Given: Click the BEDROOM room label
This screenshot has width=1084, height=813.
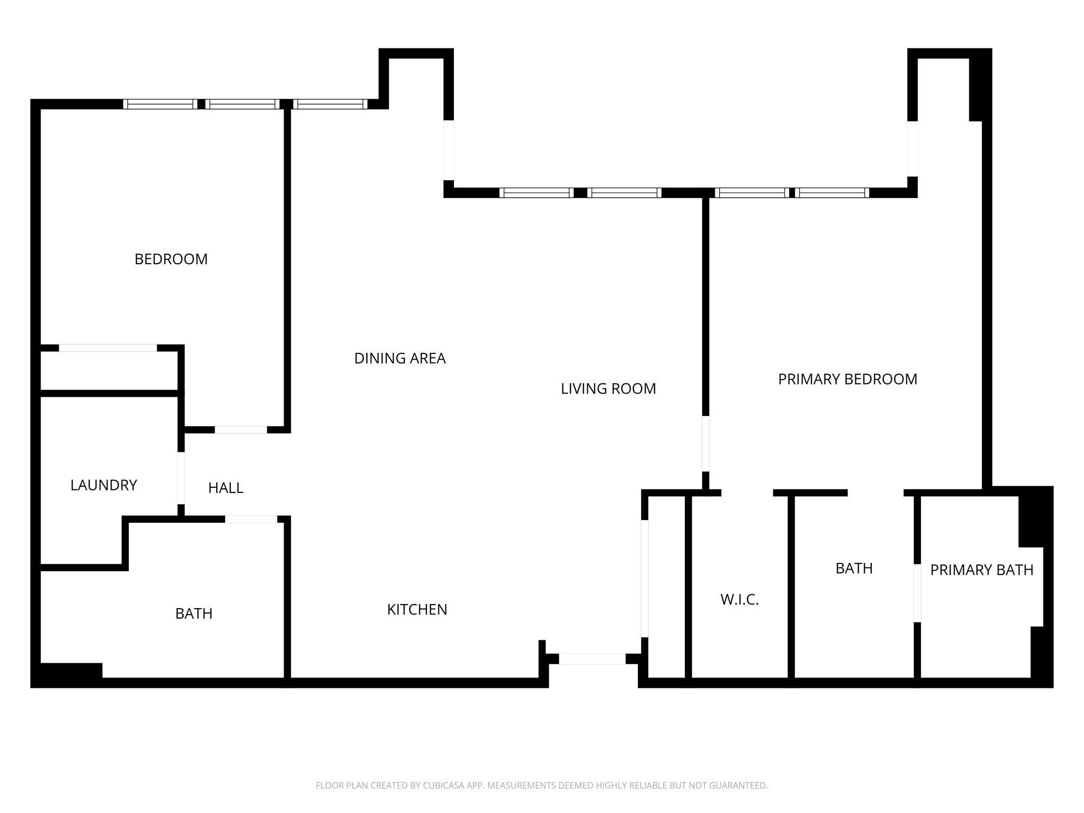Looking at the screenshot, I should [171, 259].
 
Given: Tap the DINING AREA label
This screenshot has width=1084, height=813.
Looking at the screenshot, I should [400, 359].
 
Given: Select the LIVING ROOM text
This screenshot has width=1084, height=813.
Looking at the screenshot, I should [608, 389].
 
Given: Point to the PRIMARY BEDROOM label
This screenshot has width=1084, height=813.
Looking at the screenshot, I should [847, 379].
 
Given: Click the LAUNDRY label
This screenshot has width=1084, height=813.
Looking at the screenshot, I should [104, 485].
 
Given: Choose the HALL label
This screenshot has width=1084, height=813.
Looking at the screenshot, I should [226, 488].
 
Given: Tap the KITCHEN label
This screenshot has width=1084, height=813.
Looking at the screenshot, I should [417, 610].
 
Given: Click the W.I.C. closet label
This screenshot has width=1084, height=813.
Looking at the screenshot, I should [740, 600].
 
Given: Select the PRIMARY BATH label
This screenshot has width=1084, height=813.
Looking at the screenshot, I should [981, 570].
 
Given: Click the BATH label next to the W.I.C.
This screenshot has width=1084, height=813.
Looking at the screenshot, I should [854, 568].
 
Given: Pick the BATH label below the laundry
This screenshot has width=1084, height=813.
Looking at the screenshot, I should [194, 614].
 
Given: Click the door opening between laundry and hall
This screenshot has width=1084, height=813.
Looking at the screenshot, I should [181, 478].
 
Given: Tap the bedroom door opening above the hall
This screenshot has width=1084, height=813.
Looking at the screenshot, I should [241, 429].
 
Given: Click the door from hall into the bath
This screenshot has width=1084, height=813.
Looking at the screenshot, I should [251, 519].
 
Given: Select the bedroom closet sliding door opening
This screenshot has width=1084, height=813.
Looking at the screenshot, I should [108, 348].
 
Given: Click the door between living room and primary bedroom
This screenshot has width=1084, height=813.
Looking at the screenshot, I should [706, 444].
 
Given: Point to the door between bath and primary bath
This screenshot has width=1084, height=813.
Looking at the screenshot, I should [917, 593].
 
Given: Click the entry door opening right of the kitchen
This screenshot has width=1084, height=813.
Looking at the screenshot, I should [592, 659].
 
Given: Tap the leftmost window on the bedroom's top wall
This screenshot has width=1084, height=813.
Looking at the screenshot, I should [160, 104].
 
